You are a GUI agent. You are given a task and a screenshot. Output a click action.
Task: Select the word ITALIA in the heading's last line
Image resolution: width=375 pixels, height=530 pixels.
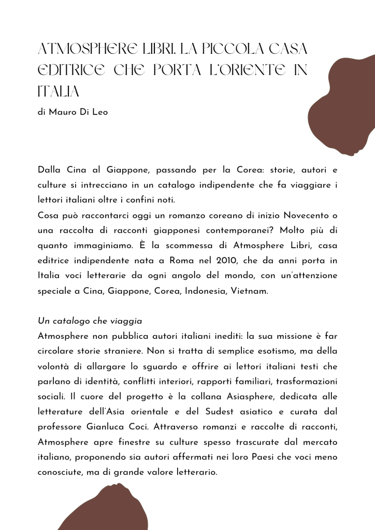59,92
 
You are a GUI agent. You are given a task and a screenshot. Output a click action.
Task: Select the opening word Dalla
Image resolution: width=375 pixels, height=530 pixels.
49,169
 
